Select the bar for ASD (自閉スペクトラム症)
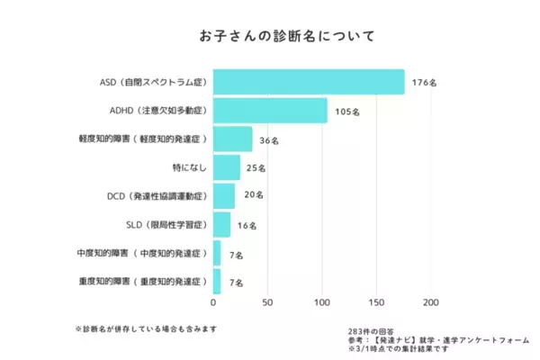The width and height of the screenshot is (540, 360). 309,82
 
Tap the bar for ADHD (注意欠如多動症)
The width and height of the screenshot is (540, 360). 270,111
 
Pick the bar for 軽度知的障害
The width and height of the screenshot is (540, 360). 232,139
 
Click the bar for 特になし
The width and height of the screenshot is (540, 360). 227,167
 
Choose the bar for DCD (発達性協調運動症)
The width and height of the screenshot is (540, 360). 224,195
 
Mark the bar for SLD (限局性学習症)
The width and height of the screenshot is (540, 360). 221,224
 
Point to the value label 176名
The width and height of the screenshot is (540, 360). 424,83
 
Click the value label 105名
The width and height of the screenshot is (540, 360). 346,112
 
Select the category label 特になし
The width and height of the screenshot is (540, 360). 190,167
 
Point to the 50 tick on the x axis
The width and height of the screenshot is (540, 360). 267,302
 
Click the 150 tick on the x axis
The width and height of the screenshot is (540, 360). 376,302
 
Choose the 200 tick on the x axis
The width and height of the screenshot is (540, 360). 431,302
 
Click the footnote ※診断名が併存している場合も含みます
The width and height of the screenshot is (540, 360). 146,328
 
